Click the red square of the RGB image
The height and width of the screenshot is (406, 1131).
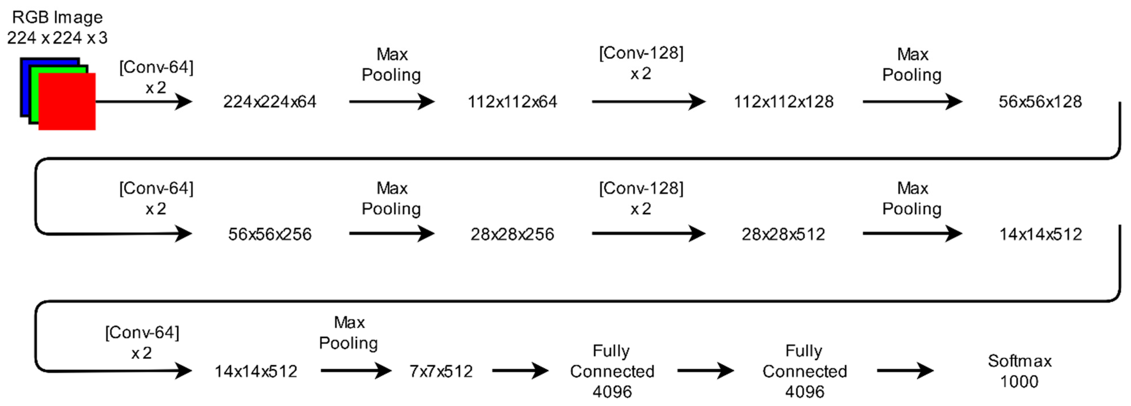tap(67, 101)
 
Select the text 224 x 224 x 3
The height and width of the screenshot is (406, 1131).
tap(57, 38)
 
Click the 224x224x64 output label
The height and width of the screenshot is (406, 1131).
tap(269, 102)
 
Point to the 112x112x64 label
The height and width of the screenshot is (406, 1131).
tap(512, 102)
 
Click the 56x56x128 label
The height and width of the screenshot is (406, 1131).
tap(1040, 102)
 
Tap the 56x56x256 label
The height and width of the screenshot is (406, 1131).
tap(269, 235)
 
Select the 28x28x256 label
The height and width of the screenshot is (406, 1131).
tap(512, 235)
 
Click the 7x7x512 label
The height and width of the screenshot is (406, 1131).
tap(441, 371)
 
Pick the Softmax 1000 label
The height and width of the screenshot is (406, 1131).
tap(1019, 371)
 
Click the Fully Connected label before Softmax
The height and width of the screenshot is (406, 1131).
tap(804, 371)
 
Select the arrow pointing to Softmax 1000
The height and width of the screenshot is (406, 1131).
tap(904, 371)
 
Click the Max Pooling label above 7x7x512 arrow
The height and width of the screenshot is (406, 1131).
tap(349, 333)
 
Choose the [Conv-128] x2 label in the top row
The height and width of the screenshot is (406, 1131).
tap(641, 63)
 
